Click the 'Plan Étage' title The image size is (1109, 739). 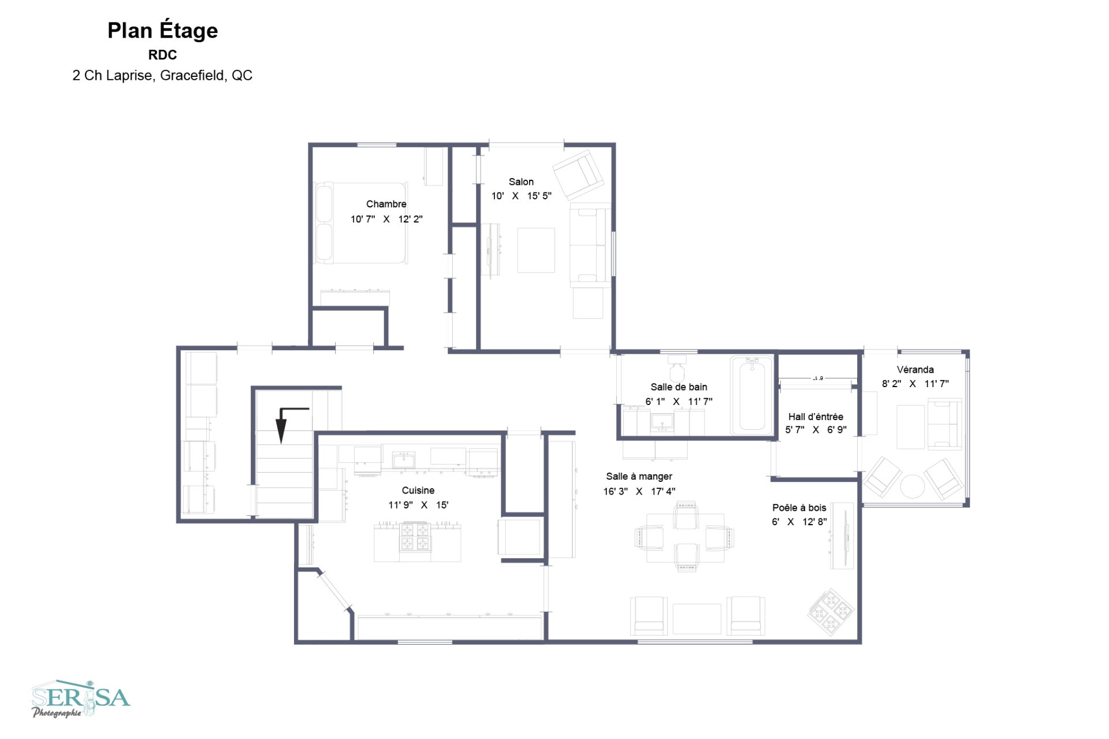tap(162, 31)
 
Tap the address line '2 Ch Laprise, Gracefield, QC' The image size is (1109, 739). tap(162, 76)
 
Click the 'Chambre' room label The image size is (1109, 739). tap(386, 204)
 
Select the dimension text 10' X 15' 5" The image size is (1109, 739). tap(521, 196)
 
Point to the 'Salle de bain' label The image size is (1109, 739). tap(679, 387)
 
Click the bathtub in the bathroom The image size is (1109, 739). tap(751, 396)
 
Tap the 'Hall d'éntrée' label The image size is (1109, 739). tap(816, 417)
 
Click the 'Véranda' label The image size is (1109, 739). tap(915, 370)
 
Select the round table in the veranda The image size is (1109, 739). tap(913, 486)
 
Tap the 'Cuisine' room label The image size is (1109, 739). tap(418, 491)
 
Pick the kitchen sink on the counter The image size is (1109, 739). tap(404, 461)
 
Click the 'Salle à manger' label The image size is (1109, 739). tap(639, 477)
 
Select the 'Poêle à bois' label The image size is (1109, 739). tap(799, 508)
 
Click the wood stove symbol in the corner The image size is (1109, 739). tap(831, 612)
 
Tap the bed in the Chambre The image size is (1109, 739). tap(361, 223)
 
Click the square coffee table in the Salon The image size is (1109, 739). tap(536, 250)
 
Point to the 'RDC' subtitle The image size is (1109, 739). tap(162, 55)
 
